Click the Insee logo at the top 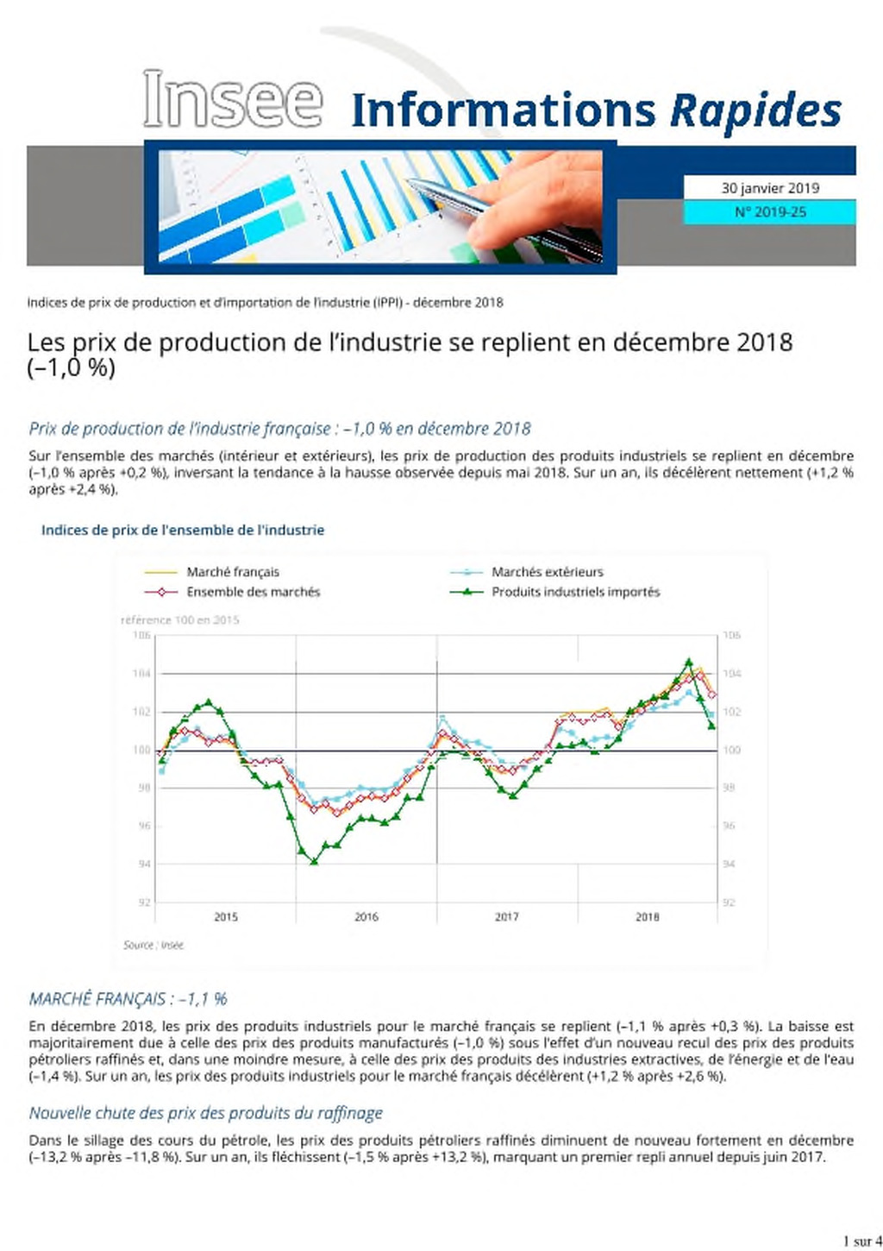point(233,98)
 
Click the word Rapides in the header point(755,110)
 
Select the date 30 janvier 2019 point(770,188)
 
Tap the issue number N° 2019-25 point(770,212)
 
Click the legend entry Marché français point(211,572)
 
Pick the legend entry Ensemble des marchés point(232,592)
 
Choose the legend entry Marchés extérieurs point(526,572)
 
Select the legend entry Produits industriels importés point(554,592)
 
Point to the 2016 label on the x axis point(366,916)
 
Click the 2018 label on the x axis point(647,916)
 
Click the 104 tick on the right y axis point(732,674)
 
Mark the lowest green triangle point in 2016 point(314,862)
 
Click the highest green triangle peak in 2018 point(688,662)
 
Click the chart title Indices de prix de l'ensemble point(183,530)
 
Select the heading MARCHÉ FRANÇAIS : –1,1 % point(128,998)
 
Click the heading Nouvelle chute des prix point(205,1113)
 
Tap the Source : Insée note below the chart point(153,945)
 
